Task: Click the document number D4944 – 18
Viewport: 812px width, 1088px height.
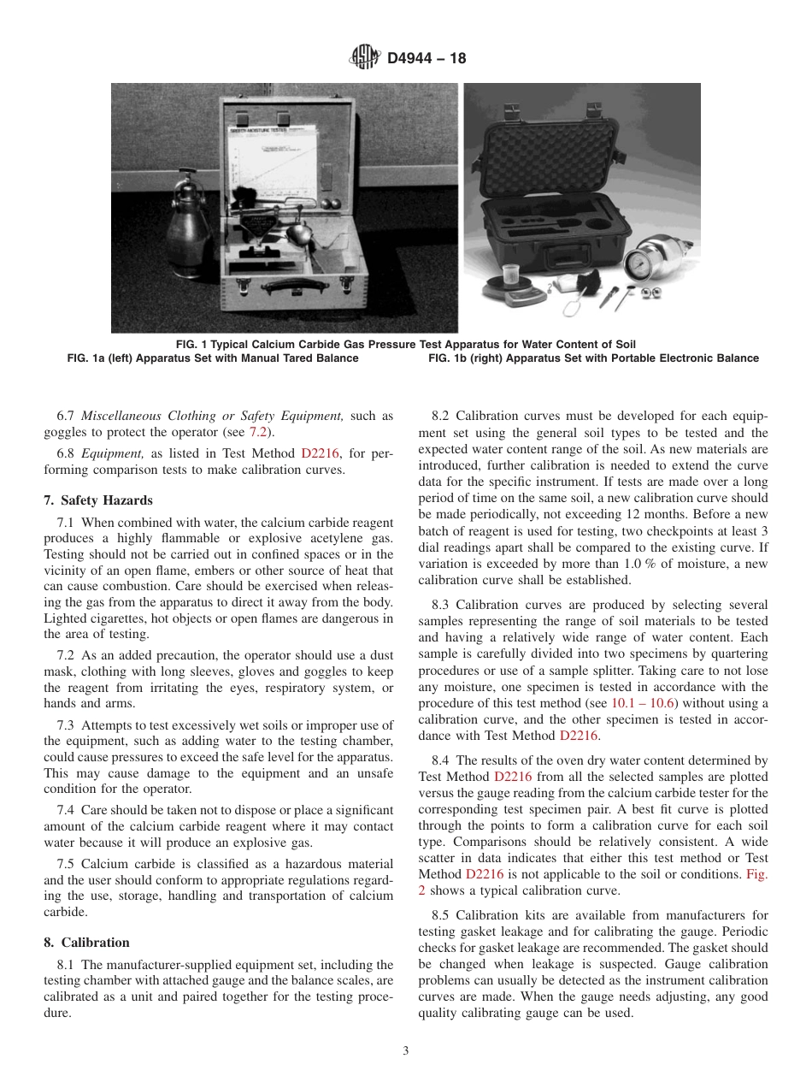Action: (427, 59)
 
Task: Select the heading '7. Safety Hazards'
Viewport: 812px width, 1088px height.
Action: (98, 500)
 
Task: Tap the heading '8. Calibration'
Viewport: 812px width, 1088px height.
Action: (87, 942)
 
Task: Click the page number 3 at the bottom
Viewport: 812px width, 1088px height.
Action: (406, 1051)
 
